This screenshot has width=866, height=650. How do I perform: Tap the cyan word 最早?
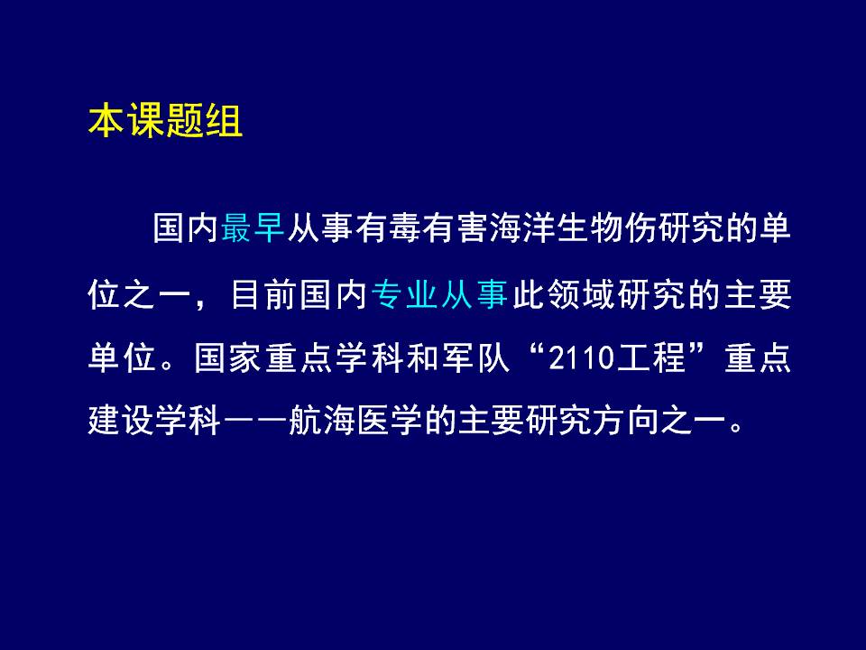pos(253,227)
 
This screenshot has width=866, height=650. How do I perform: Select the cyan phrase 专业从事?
pos(439,293)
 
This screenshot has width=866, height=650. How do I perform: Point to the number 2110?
pos(582,357)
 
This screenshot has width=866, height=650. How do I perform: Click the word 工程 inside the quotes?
pos(651,357)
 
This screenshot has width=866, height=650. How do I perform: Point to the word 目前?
pos(264,293)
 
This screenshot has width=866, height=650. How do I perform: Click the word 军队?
pos(475,357)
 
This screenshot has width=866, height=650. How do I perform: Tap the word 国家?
pos(227,357)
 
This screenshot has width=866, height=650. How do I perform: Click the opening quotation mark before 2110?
pos(535,350)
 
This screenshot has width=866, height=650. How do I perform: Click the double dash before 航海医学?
pos(255,422)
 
